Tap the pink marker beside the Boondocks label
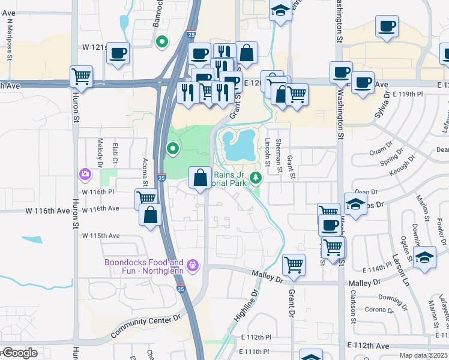[x=193, y=264]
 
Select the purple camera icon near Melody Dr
[x=85, y=174]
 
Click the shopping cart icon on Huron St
[x=81, y=76]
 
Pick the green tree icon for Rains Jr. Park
[x=256, y=178]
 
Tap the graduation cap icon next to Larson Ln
[x=424, y=256]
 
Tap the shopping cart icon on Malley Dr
[x=294, y=263]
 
